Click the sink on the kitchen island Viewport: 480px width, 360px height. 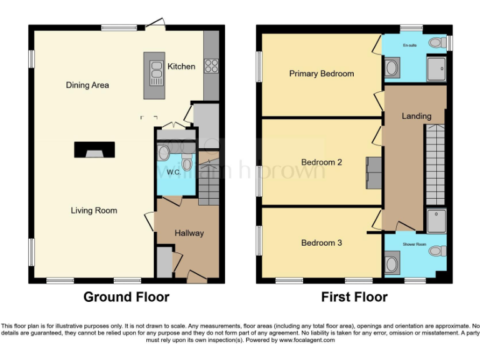[x=153, y=77]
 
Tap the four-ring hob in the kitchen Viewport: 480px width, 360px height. [x=211, y=66]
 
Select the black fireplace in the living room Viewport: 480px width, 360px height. [x=94, y=150]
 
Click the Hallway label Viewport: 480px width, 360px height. [x=189, y=233]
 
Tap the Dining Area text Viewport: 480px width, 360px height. [x=87, y=85]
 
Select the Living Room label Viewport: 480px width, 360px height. [x=94, y=211]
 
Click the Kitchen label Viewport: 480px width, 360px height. [x=181, y=66]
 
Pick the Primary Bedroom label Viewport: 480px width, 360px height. [x=321, y=74]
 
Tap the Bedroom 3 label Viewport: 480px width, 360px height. [x=321, y=242]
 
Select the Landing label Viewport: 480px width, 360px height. [x=416, y=116]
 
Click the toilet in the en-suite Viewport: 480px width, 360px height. [x=440, y=42]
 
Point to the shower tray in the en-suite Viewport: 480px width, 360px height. [x=436, y=69]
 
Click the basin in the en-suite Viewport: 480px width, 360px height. [x=392, y=67]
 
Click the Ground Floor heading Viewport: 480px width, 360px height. [x=126, y=297]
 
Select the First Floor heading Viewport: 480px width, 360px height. [x=354, y=297]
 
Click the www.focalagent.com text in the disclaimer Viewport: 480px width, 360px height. [x=307, y=341]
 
